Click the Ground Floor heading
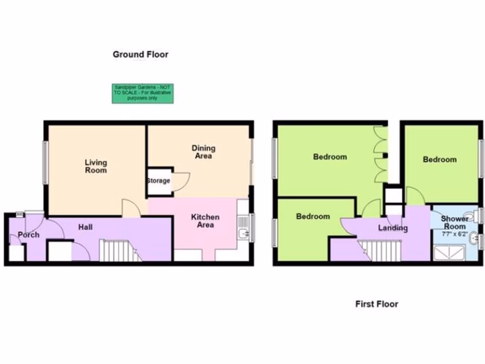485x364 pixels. [140, 55]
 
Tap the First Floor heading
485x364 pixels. [377, 304]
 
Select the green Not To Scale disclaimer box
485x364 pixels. [143, 93]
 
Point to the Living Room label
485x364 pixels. [96, 166]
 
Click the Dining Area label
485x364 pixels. [203, 152]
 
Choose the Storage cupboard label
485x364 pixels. [158, 181]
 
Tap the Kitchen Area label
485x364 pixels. [205, 221]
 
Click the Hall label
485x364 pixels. [85, 227]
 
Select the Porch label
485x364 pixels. [28, 235]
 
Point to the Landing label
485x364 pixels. [393, 228]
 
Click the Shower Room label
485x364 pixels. [454, 223]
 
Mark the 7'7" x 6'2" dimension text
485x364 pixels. [454, 234]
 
